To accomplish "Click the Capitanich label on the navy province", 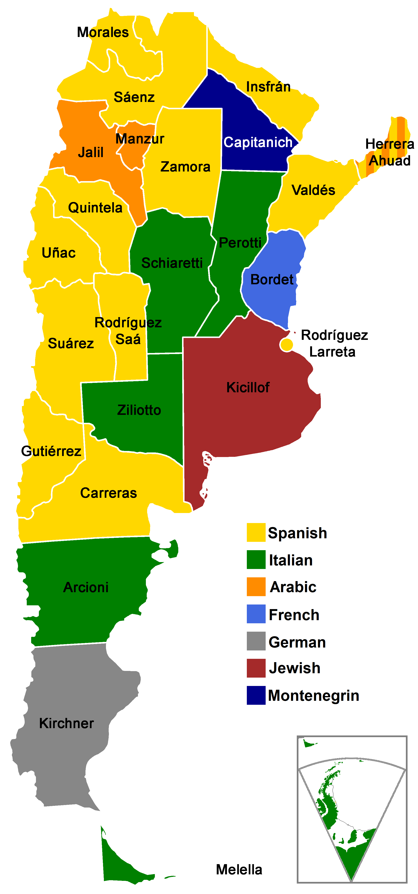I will (x=258, y=142).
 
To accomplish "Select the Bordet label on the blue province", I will (x=272, y=279).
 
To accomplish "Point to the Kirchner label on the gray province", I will (x=66, y=723).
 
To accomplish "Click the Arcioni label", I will (x=86, y=587).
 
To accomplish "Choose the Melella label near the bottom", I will (x=239, y=869).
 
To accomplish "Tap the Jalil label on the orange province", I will (x=91, y=152).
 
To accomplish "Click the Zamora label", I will (x=185, y=167).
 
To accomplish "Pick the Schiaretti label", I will (x=172, y=263).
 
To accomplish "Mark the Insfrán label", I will (x=268, y=87).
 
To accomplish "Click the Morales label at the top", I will (x=103, y=32).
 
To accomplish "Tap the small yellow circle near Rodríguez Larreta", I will (x=286, y=345).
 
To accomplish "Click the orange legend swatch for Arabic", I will (x=256, y=587).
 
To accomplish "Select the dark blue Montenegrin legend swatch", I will (x=256, y=695).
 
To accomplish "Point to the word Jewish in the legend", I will (x=294, y=668).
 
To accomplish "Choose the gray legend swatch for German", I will (x=256, y=641).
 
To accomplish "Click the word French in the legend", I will (x=294, y=615).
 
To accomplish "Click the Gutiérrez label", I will (x=51, y=451).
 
